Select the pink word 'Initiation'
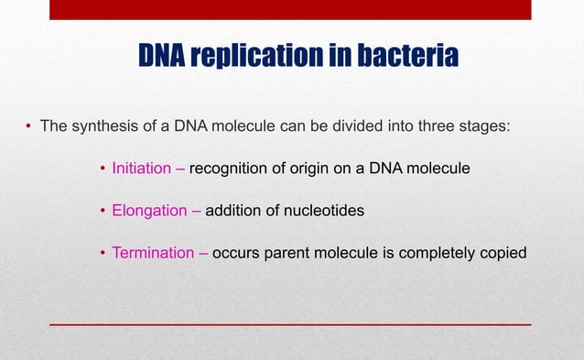click(141, 169)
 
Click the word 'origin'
click(307, 169)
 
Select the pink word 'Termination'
click(152, 253)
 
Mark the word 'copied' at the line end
click(503, 253)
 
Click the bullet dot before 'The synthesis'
click(29, 127)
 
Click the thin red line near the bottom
click(289, 324)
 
